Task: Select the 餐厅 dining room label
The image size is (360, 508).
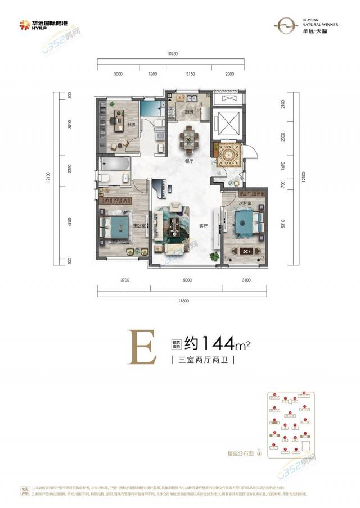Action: pyautogui.click(x=189, y=161)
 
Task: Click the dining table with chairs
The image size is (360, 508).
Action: pyautogui.click(x=189, y=138)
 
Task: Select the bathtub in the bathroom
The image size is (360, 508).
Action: pyautogui.click(x=114, y=164)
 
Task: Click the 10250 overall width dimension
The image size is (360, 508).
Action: pyautogui.click(x=172, y=54)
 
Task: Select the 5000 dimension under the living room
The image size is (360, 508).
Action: pyautogui.click(x=187, y=279)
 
